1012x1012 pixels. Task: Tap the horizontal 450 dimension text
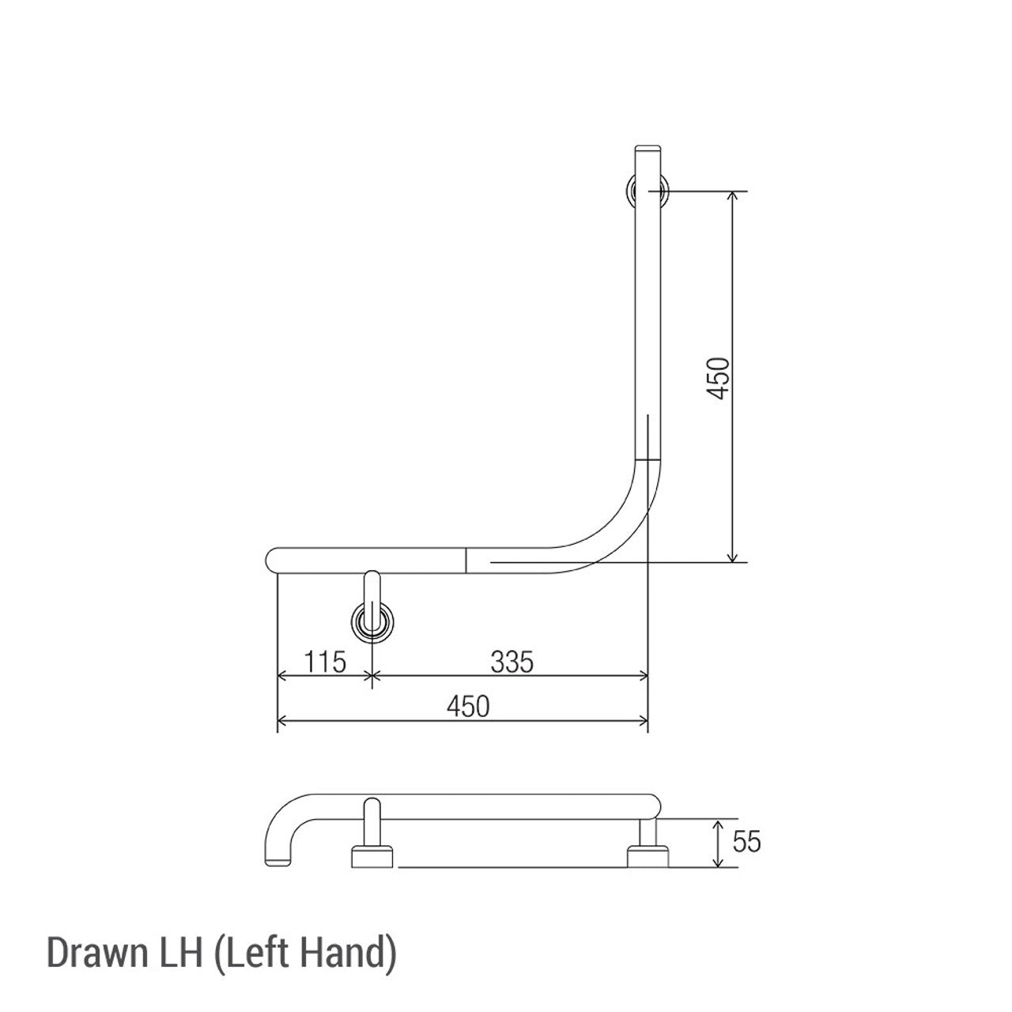[468, 706]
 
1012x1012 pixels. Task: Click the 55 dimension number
[746, 842]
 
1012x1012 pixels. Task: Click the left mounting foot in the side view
[371, 857]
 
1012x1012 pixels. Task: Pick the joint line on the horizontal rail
[466, 560]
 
